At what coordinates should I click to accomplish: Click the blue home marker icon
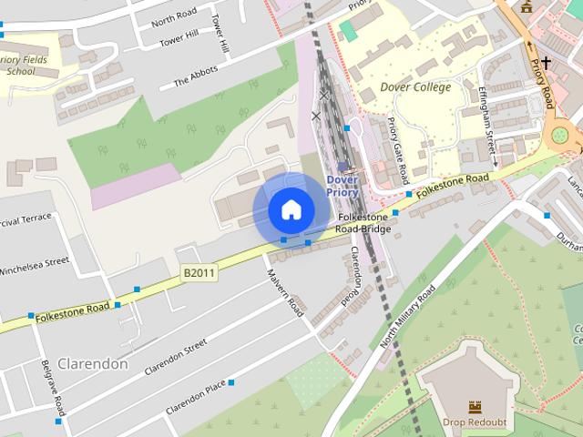click(291, 209)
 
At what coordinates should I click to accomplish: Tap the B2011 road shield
click(199, 272)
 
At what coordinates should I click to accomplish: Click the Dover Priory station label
click(343, 185)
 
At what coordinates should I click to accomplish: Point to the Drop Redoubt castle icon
click(474, 406)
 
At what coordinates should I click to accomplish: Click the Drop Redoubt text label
click(474, 422)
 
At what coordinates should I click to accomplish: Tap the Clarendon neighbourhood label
click(92, 363)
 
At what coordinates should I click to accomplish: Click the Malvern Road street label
click(285, 292)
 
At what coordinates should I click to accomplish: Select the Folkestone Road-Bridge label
click(363, 223)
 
